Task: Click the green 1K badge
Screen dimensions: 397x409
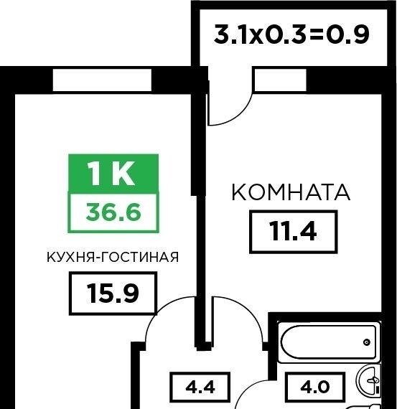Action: click(x=113, y=174)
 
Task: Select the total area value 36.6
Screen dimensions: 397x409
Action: click(x=113, y=212)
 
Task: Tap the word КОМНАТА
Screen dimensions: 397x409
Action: click(x=291, y=192)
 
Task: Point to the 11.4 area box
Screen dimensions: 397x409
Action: click(x=294, y=232)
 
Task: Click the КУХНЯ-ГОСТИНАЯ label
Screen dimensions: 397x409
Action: click(x=113, y=257)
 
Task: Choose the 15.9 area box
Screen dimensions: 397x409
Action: click(x=113, y=293)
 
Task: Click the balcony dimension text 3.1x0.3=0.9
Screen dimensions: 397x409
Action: click(x=291, y=34)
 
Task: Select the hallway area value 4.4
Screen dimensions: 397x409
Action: click(x=200, y=387)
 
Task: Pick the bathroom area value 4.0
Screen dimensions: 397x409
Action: click(x=315, y=387)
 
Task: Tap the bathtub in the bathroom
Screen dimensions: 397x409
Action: click(x=328, y=342)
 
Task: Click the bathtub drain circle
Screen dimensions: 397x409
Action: click(x=367, y=342)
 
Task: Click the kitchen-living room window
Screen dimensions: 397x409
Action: click(x=102, y=80)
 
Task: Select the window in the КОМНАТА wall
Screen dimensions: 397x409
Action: click(x=280, y=80)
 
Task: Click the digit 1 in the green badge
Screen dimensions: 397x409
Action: click(x=95, y=173)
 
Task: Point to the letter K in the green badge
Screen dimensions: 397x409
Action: click(x=123, y=173)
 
